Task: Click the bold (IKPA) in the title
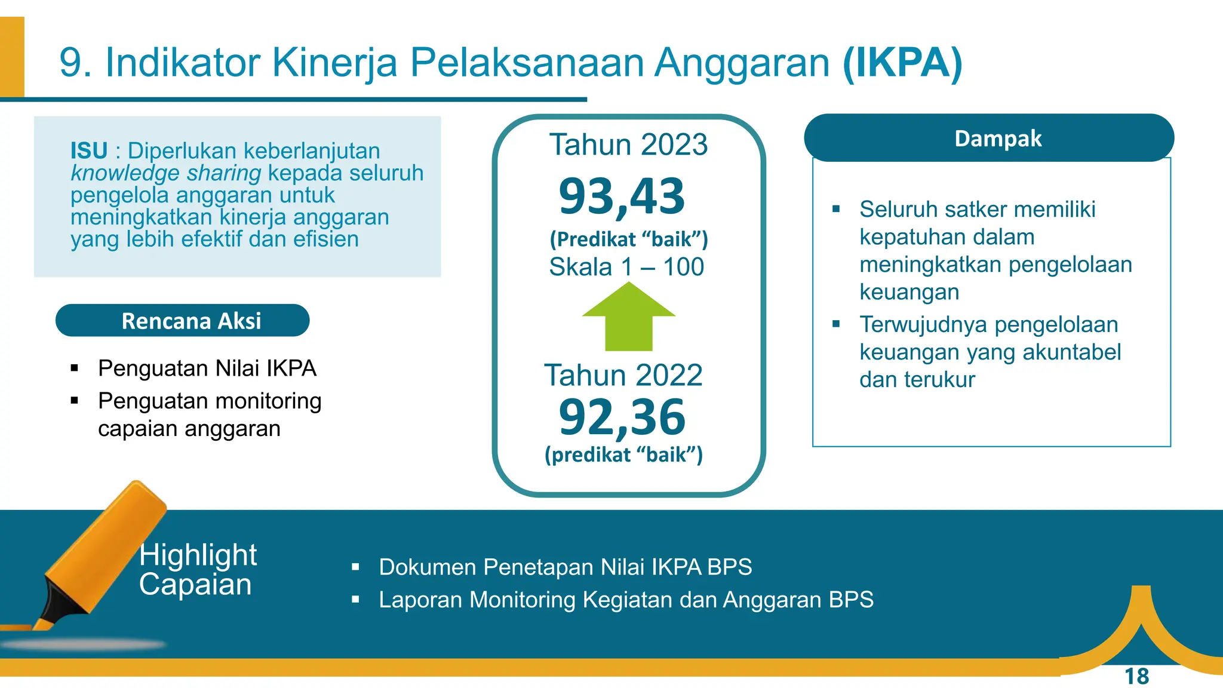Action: click(x=902, y=63)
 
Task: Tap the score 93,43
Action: click(x=622, y=196)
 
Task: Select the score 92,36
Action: click(x=622, y=417)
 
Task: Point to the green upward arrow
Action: click(x=629, y=317)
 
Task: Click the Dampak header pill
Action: click(x=989, y=138)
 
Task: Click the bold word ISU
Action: click(x=89, y=150)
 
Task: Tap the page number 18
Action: click(x=1136, y=677)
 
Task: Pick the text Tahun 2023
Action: click(x=628, y=145)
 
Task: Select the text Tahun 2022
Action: click(x=623, y=375)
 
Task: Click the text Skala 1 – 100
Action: click(x=626, y=266)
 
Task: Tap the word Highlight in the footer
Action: click(x=198, y=554)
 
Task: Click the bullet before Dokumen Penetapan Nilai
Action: click(x=356, y=567)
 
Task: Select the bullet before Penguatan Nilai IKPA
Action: click(x=75, y=368)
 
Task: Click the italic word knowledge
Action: click(x=125, y=173)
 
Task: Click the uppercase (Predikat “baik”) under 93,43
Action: click(x=629, y=239)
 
